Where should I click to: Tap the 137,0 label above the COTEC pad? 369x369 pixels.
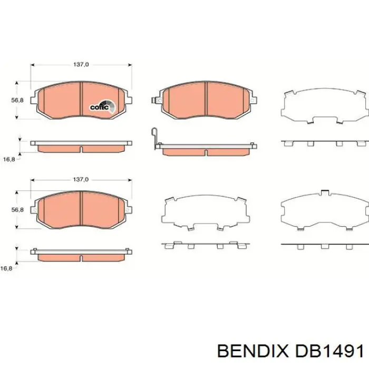(x=80, y=64)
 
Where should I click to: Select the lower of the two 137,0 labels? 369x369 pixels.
(x=80, y=179)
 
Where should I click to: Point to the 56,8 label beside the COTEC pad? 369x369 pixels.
(x=17, y=100)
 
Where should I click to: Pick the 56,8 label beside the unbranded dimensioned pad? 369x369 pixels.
(x=17, y=210)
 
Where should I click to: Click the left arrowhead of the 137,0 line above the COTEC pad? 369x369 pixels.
(x=33, y=65)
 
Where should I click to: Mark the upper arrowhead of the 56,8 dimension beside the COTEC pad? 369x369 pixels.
(x=18, y=83)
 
